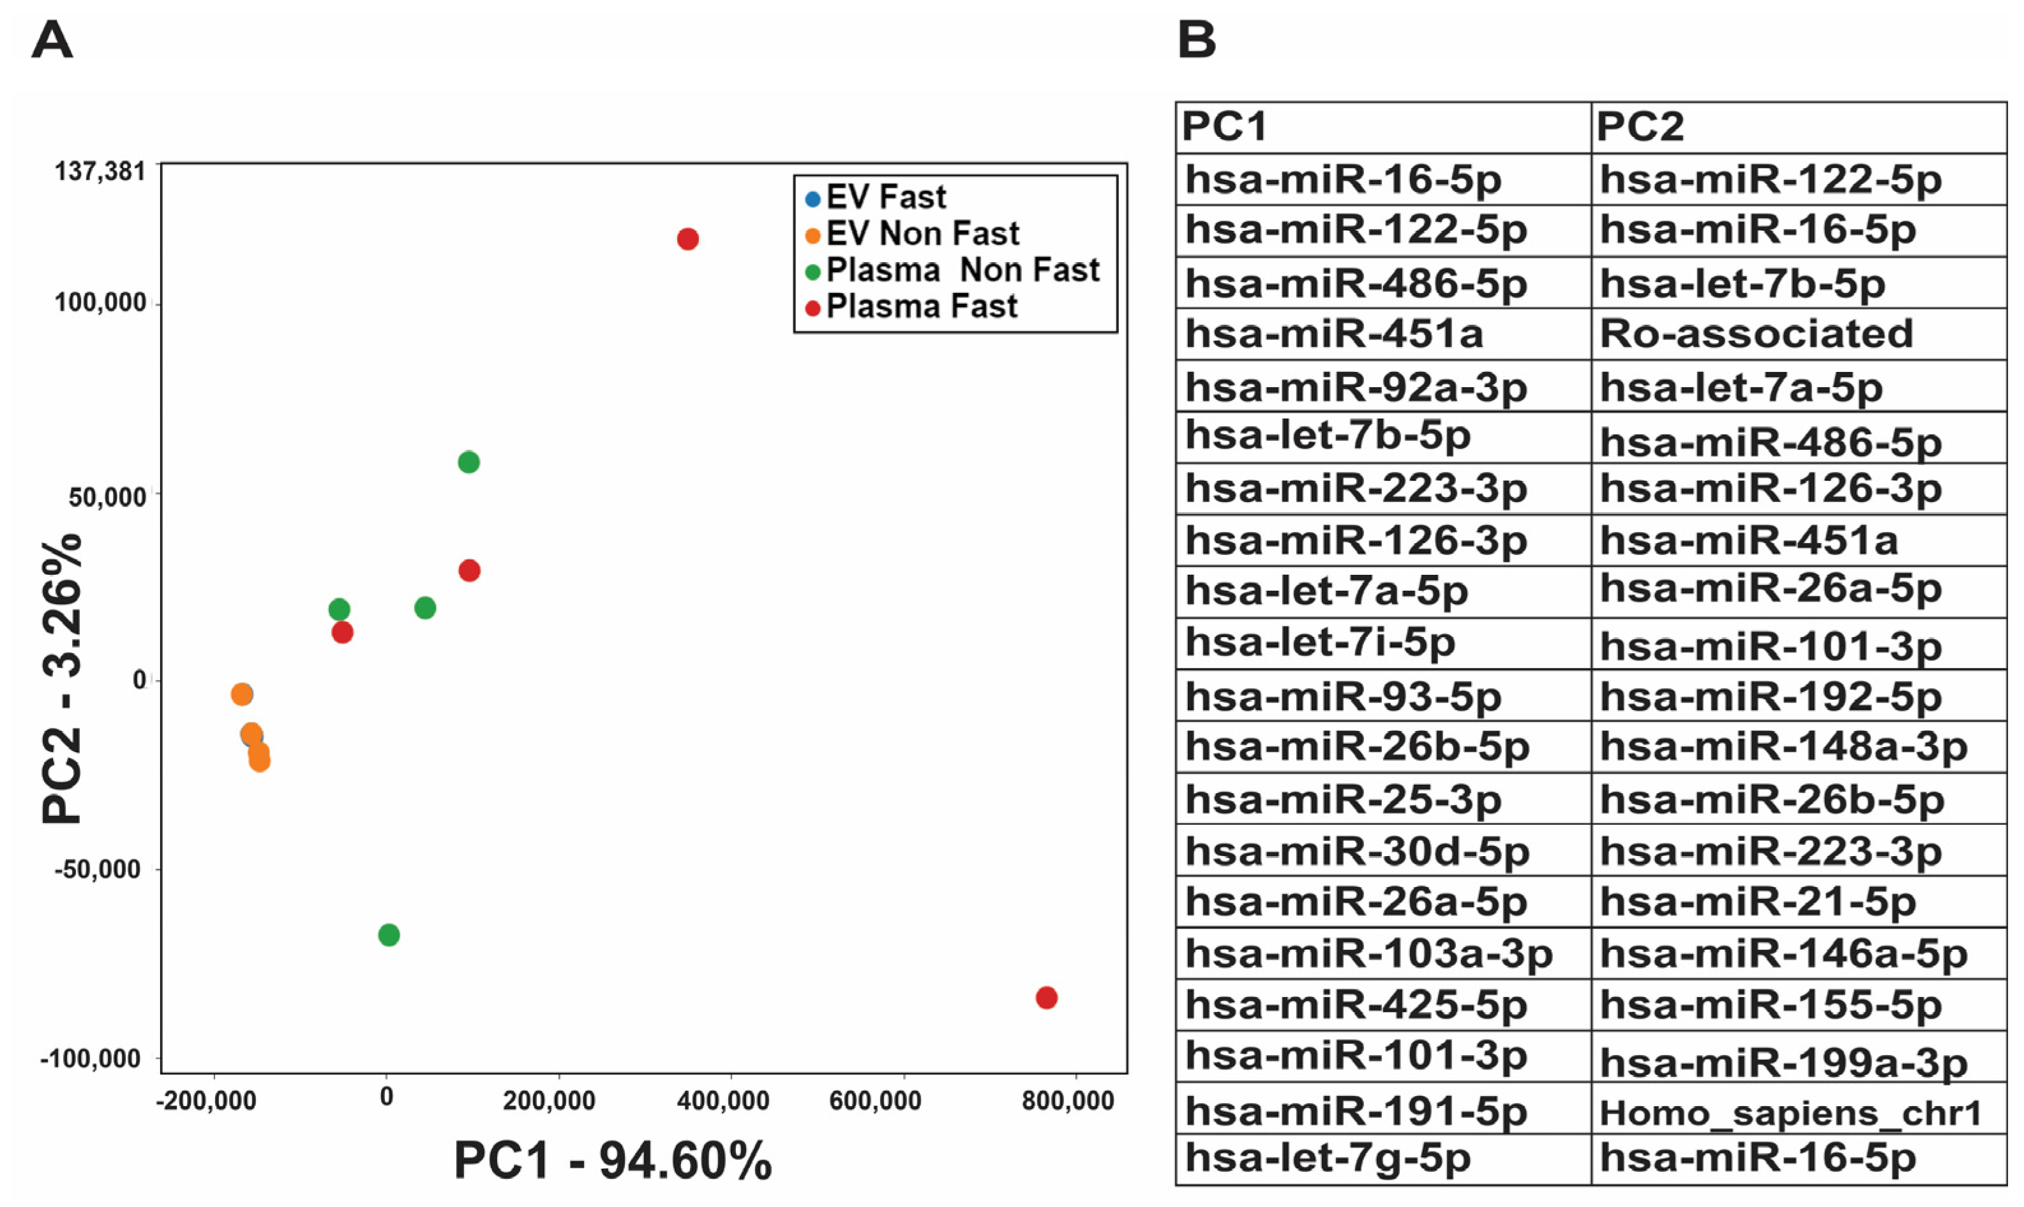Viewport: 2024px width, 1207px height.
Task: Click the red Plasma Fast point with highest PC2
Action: pyautogui.click(x=687, y=239)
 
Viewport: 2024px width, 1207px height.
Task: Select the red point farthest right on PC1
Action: pyautogui.click(x=1046, y=998)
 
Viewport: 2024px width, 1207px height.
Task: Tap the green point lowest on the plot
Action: pyautogui.click(x=389, y=935)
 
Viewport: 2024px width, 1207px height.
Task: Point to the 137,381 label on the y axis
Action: pyautogui.click(x=99, y=172)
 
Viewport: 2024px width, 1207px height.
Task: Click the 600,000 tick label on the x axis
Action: pyautogui.click(x=874, y=1101)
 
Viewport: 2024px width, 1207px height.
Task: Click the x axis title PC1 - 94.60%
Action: pyautogui.click(x=611, y=1160)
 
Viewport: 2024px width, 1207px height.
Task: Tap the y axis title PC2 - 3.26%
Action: pyautogui.click(x=62, y=679)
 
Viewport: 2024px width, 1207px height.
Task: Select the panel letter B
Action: pyautogui.click(x=1197, y=39)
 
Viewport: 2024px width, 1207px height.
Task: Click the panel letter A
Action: pyautogui.click(x=52, y=39)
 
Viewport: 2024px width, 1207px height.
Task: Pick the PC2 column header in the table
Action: pyautogui.click(x=1639, y=127)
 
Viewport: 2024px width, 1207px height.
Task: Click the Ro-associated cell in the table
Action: pyautogui.click(x=1755, y=334)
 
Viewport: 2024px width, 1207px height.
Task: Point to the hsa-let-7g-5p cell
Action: pyautogui.click(x=1328, y=1157)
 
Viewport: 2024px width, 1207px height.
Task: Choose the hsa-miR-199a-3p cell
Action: pyautogui.click(x=1783, y=1062)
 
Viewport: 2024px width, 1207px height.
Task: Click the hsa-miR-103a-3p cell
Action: pyautogui.click(x=1368, y=953)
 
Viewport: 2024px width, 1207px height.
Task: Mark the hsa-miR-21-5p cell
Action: pyautogui.click(x=1757, y=901)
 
